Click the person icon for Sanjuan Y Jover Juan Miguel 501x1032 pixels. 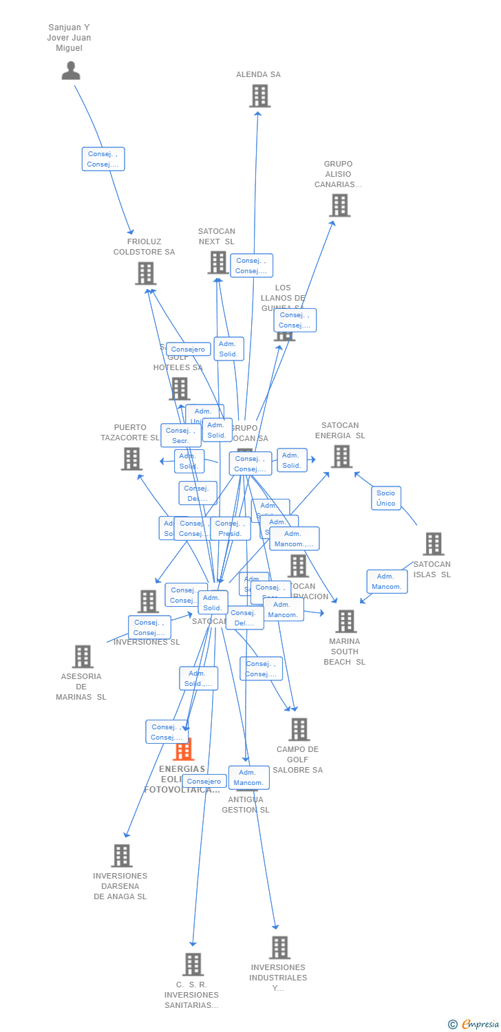pyautogui.click(x=71, y=70)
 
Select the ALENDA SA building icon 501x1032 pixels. pyautogui.click(x=259, y=96)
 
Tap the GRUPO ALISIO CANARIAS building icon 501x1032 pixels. pyautogui.click(x=339, y=205)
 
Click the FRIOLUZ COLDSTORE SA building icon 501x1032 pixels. pyautogui.click(x=145, y=273)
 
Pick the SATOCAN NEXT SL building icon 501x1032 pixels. pyautogui.click(x=217, y=262)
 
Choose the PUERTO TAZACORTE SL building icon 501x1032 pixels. pyautogui.click(x=131, y=459)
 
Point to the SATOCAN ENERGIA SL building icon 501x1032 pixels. pyautogui.click(x=341, y=456)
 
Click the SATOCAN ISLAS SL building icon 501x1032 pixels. pyautogui.click(x=433, y=544)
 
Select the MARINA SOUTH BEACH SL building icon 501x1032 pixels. pyautogui.click(x=345, y=621)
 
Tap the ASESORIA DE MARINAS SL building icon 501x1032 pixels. pyautogui.click(x=83, y=656)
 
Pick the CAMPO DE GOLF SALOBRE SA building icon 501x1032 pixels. pyautogui.click(x=299, y=729)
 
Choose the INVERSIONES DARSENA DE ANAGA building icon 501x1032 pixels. pyautogui.click(x=122, y=856)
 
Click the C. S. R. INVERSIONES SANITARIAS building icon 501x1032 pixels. pyautogui.click(x=193, y=965)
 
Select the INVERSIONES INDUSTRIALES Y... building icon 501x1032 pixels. pyautogui.click(x=279, y=947)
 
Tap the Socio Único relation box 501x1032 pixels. pyautogui.click(x=386, y=498)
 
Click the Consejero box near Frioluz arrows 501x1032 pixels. pyautogui.click(x=189, y=350)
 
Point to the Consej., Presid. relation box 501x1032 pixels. pyautogui.click(x=230, y=528)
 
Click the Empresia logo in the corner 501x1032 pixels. pyautogui.click(x=474, y=1024)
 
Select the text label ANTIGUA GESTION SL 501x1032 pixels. pyautogui.click(x=246, y=805)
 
